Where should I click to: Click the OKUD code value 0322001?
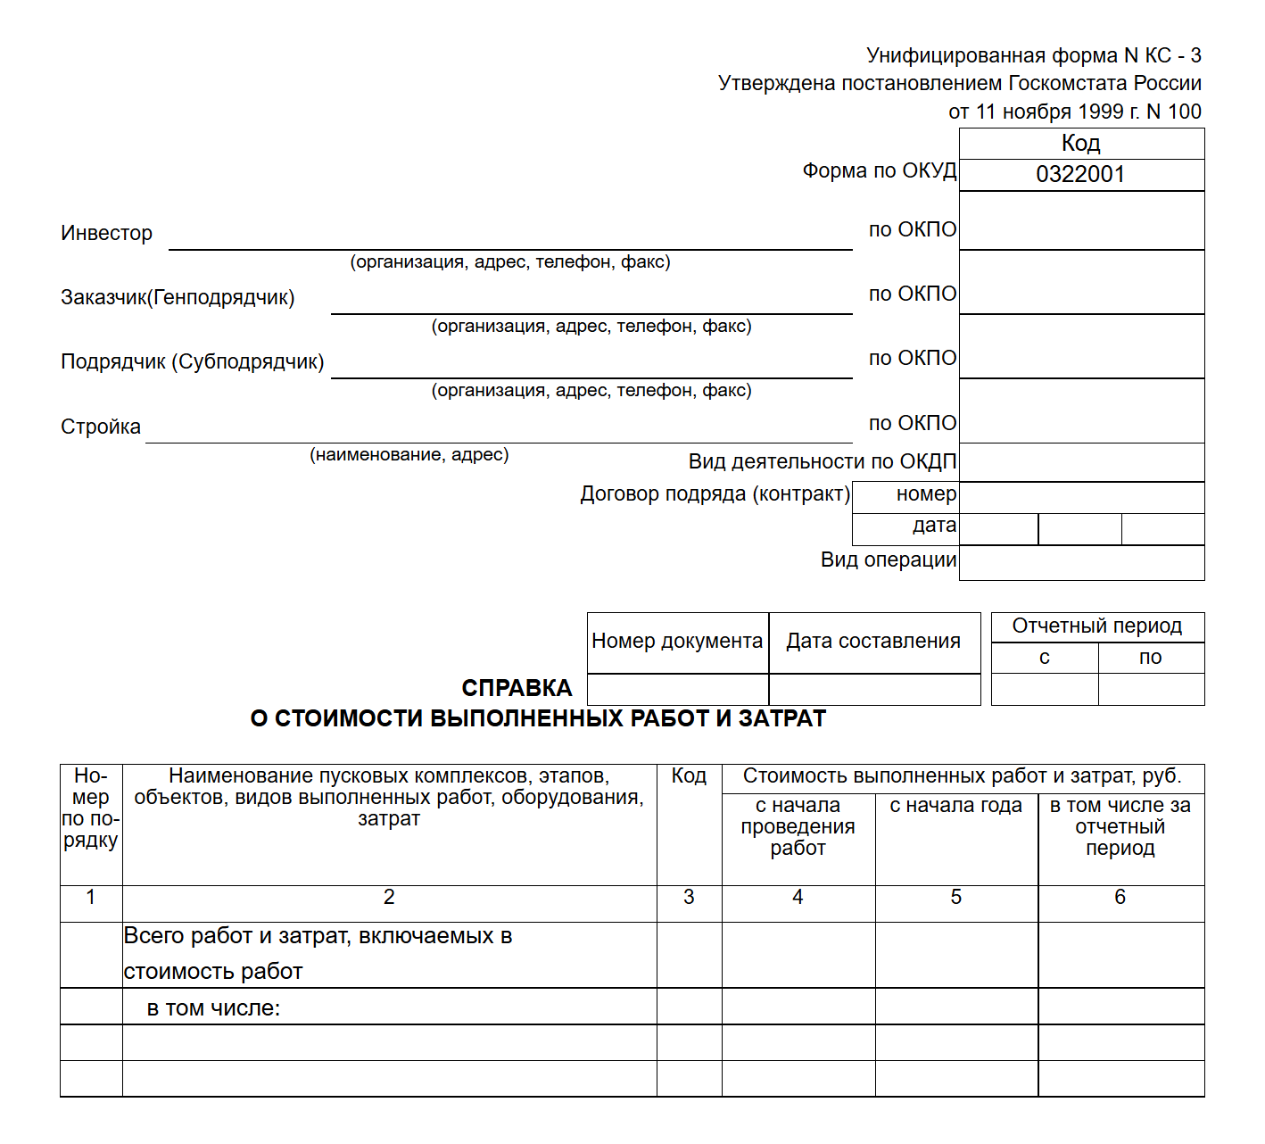[x=1080, y=174]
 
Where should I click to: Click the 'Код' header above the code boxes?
[x=1080, y=143]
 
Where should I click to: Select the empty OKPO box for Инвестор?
[x=1081, y=220]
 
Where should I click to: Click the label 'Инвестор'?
[x=106, y=234]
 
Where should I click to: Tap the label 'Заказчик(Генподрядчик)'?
[x=178, y=298]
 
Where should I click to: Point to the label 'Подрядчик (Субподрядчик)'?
[x=192, y=362]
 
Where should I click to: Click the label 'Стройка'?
[x=101, y=427]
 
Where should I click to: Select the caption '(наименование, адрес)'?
[x=409, y=455]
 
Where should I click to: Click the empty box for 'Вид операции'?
[x=1081, y=563]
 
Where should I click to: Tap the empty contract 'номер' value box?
[x=1081, y=496]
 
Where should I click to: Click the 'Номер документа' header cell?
[x=677, y=642]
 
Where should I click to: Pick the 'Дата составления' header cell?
[x=873, y=642]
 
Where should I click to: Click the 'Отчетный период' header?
[x=1096, y=626]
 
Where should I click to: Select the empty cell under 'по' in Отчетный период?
[x=1151, y=690]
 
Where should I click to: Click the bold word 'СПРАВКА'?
[x=517, y=688]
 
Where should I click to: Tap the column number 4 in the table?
[x=798, y=898]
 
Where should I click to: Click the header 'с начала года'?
[x=955, y=806]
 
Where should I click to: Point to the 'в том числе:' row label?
[x=213, y=1008]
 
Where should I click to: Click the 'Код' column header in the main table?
[x=689, y=776]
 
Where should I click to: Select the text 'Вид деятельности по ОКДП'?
[x=822, y=462]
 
